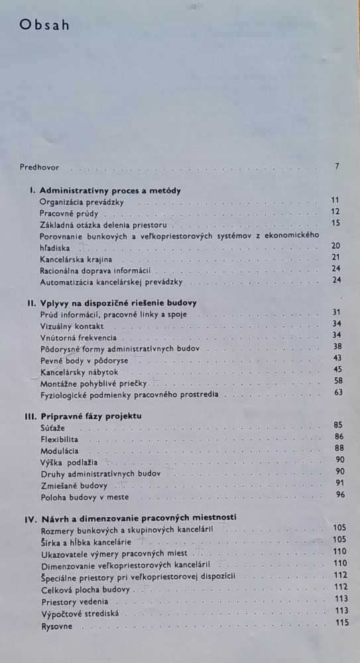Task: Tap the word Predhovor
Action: coord(40,166)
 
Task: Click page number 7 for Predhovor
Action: coord(337,166)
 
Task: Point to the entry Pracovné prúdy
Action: coord(69,212)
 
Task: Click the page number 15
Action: coord(335,223)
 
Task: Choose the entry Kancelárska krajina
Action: coord(76,258)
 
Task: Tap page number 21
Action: coord(335,257)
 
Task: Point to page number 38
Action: coord(336,346)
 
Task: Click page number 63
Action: coord(337,392)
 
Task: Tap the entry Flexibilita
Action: coord(60,439)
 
